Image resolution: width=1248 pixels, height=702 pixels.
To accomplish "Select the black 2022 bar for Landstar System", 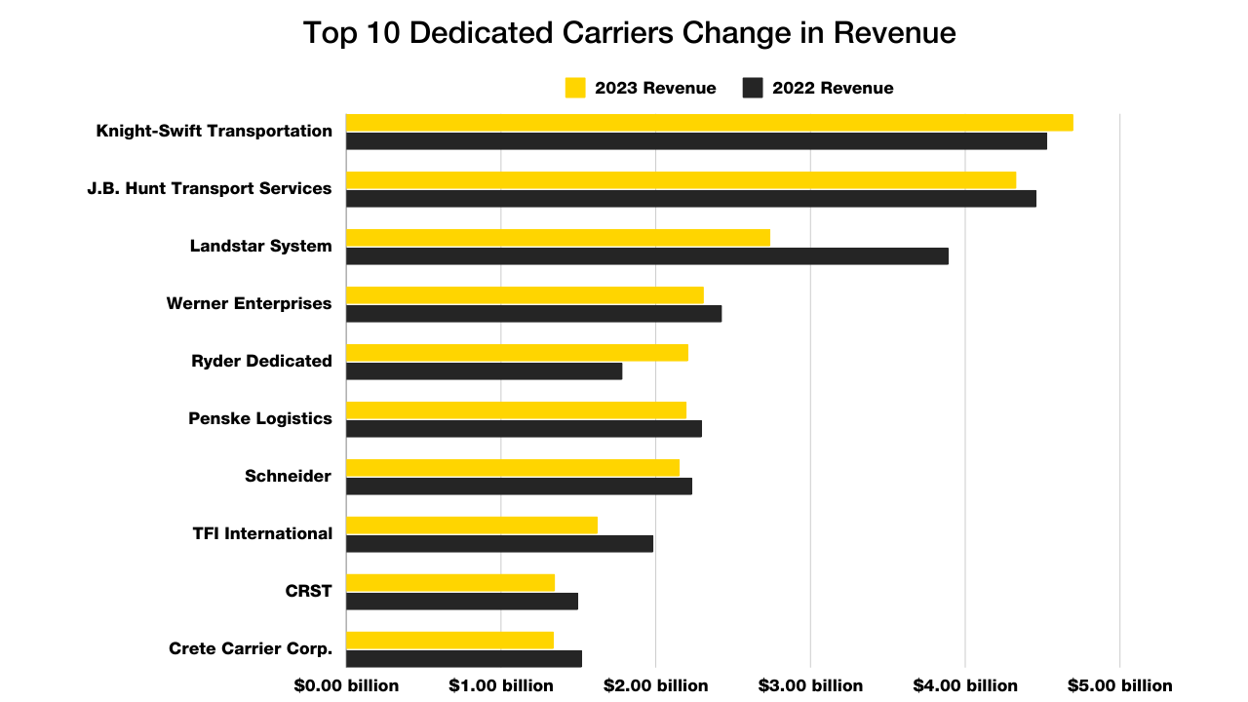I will pos(646,256).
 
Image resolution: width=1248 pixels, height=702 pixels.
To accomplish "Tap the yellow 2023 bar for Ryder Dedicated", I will pos(517,353).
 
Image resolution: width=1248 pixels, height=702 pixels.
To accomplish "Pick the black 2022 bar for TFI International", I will pos(499,544).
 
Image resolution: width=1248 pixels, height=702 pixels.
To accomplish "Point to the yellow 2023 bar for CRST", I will pos(449,583).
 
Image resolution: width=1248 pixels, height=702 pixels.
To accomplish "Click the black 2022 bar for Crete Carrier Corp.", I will pos(463,659).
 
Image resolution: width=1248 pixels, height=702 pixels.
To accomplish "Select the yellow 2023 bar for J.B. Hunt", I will pos(681,180).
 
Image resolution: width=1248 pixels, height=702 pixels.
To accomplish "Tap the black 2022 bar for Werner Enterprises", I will pos(533,314).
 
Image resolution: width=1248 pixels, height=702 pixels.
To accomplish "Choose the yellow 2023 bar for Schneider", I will pos(512,468).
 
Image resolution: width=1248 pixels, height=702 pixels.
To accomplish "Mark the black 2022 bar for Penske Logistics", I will pos(524,429).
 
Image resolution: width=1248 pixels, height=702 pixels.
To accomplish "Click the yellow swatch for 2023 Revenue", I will pos(575,88).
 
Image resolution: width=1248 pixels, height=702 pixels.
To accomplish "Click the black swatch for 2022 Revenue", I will pos(752,88).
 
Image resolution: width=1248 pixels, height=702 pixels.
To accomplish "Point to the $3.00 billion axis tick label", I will pos(810,685).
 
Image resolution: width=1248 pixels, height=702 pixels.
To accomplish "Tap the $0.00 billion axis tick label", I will pos(346,685).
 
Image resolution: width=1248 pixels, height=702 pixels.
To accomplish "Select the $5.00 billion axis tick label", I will pos(1119,685).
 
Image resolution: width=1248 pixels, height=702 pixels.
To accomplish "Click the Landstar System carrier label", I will pos(260,246).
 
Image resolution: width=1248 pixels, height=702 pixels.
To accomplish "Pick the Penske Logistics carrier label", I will pos(259,418).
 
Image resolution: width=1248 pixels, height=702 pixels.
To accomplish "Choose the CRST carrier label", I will pos(308,591).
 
